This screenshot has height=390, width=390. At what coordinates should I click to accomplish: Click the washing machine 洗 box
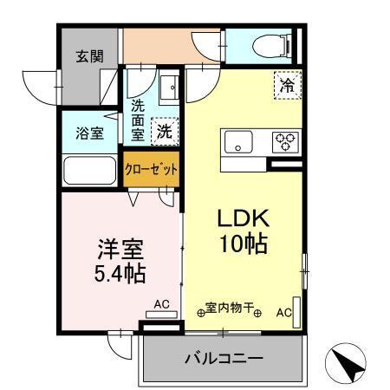(163, 133)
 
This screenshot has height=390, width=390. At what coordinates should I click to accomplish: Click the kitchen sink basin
(237, 140)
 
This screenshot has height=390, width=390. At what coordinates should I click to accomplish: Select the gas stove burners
(284, 140)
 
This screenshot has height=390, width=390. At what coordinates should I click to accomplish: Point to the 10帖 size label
(241, 244)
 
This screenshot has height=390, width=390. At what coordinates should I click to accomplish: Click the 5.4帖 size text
(119, 274)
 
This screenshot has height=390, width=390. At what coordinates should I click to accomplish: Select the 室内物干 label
(230, 308)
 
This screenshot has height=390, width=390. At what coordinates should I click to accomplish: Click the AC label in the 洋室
(161, 304)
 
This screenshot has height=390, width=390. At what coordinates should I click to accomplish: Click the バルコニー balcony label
(223, 359)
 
